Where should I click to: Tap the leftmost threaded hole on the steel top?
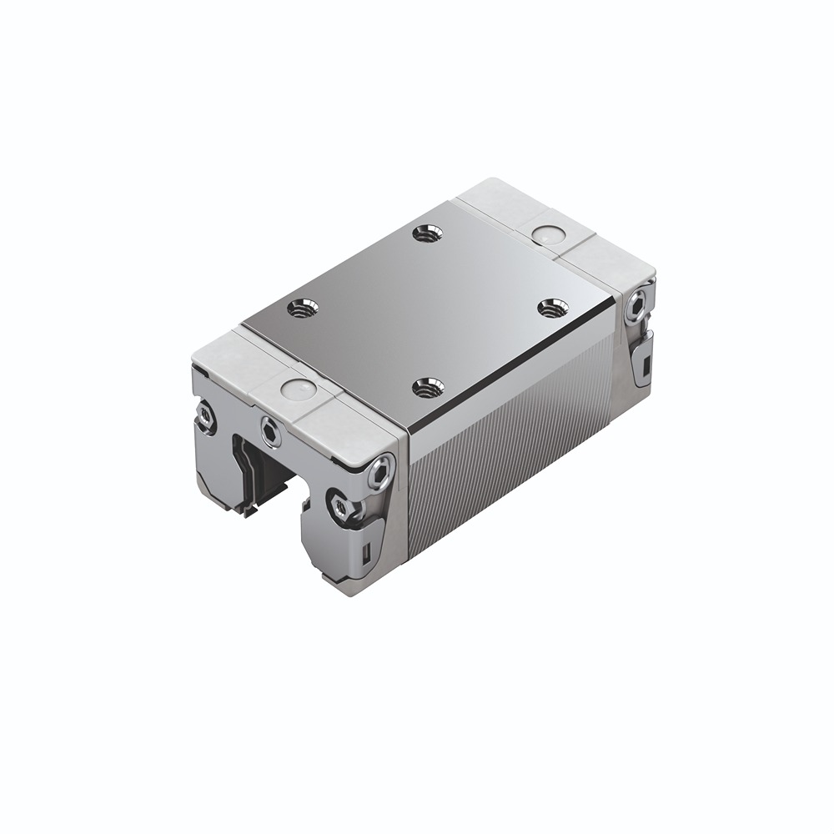(x=300, y=309)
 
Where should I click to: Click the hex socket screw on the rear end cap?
(x=639, y=308)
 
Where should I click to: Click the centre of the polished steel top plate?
(x=425, y=309)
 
